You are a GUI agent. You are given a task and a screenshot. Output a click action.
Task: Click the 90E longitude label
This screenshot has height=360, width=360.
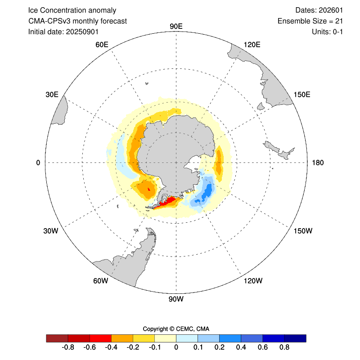pos(176,26)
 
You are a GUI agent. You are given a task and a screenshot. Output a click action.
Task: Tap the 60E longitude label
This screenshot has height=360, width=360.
pos(102,44)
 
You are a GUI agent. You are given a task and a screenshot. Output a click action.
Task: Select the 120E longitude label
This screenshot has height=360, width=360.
pos(252,44)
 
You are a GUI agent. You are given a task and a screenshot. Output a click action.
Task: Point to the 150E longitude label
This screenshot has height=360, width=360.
pos(302,94)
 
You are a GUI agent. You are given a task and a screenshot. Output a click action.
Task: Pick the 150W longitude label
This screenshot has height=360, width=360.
pos(302,231)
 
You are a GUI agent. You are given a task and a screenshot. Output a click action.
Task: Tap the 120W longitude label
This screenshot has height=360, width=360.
pos(252,281)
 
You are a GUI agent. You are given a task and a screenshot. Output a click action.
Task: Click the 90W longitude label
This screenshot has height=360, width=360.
pos(176,299)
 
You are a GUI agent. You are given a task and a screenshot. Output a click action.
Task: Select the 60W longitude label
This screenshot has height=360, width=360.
pos(101,281)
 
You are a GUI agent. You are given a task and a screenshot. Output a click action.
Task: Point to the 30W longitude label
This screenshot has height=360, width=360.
pos(51,231)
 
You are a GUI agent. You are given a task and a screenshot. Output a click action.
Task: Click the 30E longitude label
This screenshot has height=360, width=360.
pos(52,94)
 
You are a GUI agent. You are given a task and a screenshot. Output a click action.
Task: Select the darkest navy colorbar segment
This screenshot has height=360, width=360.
pos(295,338)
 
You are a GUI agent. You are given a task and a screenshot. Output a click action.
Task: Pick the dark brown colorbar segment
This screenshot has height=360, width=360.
pos(57,338)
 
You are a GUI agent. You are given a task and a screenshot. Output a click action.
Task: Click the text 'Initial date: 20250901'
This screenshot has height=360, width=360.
pos(63,31)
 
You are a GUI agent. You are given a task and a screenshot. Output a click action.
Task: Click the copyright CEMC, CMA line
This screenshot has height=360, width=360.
pos(176,328)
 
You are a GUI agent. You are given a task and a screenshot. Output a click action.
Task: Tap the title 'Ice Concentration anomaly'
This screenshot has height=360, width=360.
pos(72,10)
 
